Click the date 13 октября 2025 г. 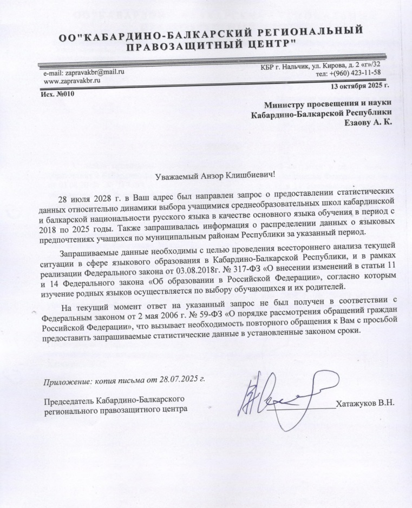pos(359,85)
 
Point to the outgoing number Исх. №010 pos(57,94)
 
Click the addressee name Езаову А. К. pos(367,122)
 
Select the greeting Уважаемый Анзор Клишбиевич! pos(215,174)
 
